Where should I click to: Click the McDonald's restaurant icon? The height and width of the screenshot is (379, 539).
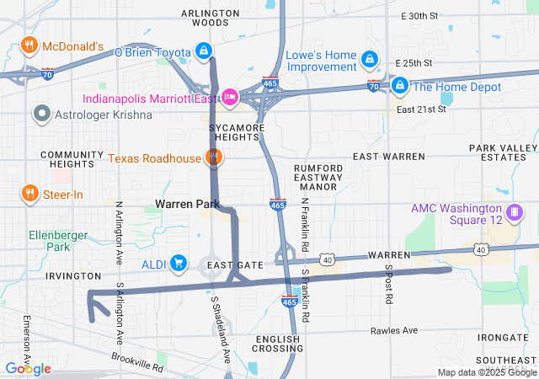(x=29, y=45)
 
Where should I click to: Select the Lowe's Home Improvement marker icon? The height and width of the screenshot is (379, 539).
(x=369, y=60)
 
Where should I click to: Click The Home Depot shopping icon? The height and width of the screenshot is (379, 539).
(x=400, y=87)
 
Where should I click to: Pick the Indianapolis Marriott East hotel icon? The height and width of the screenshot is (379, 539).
(x=230, y=98)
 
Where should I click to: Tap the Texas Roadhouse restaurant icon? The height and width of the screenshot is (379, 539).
(x=214, y=157)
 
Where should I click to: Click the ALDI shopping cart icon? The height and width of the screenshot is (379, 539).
(x=178, y=264)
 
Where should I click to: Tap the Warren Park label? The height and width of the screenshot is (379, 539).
(x=187, y=204)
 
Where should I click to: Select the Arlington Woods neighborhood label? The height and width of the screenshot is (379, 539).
(x=210, y=18)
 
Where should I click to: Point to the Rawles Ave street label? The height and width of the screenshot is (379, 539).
(x=393, y=330)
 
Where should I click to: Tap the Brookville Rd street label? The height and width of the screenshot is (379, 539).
(x=136, y=363)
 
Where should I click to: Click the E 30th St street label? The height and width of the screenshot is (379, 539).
(x=420, y=16)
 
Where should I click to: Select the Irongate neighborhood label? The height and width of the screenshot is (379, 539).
(x=502, y=337)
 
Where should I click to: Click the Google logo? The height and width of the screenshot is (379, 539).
(x=28, y=369)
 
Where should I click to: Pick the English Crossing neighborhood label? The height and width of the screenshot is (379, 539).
(x=277, y=344)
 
